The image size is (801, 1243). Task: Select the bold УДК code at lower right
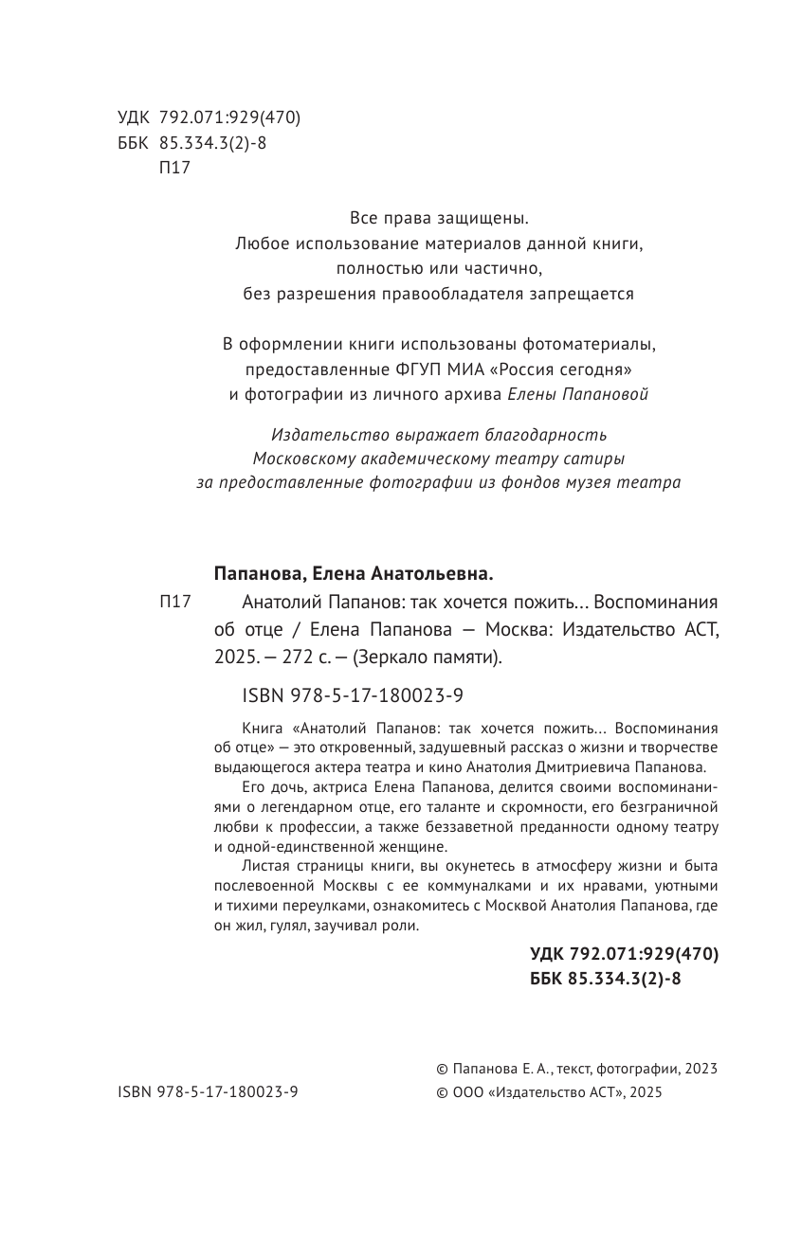(x=624, y=955)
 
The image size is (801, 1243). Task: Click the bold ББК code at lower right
(x=605, y=981)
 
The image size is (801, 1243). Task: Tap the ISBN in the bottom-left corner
(x=208, y=1092)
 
